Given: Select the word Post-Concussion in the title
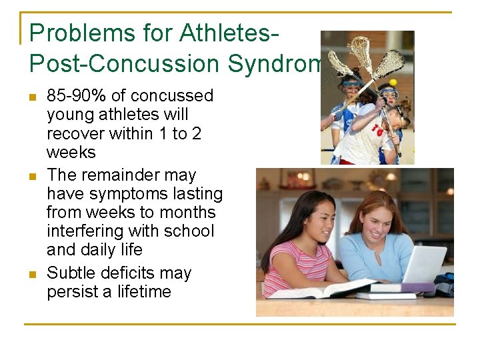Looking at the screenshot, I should [x=124, y=63].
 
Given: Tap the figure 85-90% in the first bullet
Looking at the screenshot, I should [x=74, y=96].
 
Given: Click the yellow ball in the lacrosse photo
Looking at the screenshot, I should [x=393, y=82].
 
